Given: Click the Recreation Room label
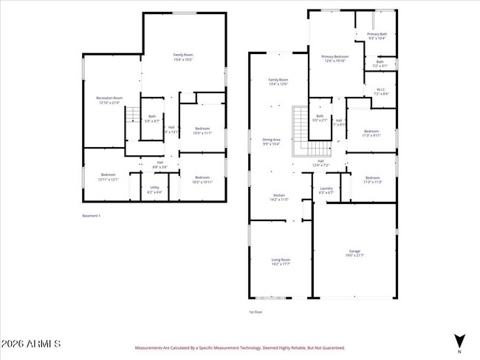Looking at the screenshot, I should (x=109, y=100).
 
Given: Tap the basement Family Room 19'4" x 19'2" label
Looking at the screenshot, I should (x=183, y=57).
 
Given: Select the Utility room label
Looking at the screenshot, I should (x=154, y=189).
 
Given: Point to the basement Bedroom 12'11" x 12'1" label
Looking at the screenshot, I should (x=108, y=177).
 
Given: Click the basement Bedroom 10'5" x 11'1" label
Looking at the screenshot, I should (x=202, y=131).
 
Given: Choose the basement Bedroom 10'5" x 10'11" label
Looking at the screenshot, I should (x=202, y=179).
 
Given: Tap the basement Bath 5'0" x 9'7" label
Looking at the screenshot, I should (x=152, y=118).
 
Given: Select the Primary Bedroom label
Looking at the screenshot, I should (x=335, y=58).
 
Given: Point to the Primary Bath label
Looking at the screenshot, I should (x=377, y=36).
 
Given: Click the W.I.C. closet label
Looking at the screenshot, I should (x=381, y=92).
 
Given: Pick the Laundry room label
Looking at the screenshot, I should (x=326, y=190).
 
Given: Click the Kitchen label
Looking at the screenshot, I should (x=278, y=197).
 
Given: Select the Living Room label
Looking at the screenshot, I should (x=281, y=262).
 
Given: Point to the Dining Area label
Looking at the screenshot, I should (x=272, y=142).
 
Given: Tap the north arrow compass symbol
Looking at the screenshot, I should (x=459, y=341).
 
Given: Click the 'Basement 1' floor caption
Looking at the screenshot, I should (x=91, y=216).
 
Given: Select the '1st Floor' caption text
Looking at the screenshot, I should (x=256, y=311).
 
